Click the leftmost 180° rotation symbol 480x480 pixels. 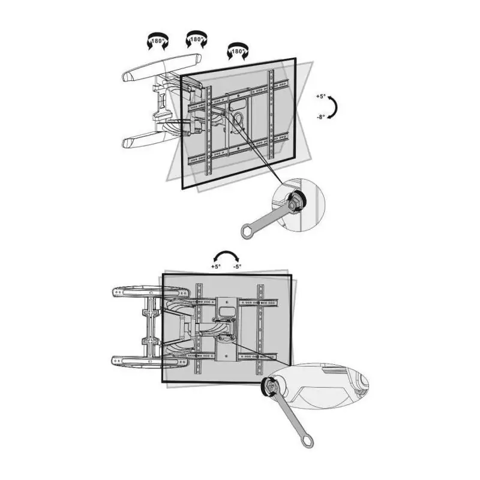(x=158, y=41)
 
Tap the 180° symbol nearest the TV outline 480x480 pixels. (x=237, y=52)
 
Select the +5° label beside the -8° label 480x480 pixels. (x=321, y=97)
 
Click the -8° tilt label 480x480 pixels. (x=321, y=117)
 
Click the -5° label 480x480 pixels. (x=236, y=266)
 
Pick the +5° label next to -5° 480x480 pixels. (x=215, y=266)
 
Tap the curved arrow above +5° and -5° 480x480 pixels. (x=226, y=253)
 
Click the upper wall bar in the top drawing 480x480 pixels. (x=161, y=68)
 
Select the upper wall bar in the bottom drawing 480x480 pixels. (x=151, y=292)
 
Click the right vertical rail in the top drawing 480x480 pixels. (x=271, y=114)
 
